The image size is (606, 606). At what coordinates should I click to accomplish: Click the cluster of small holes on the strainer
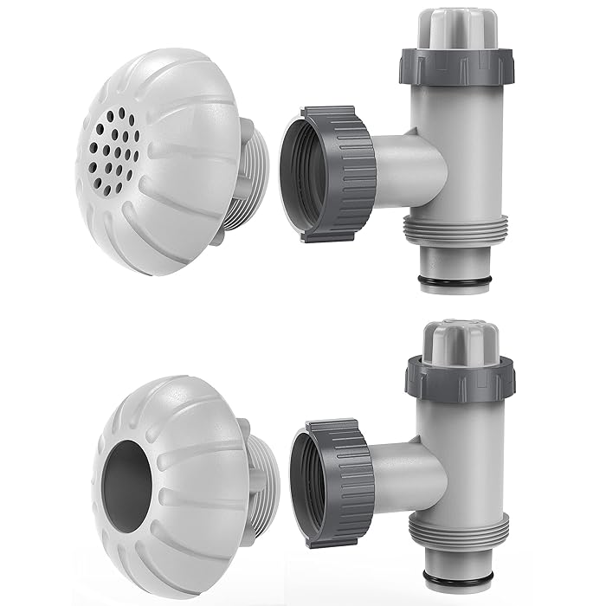pos(113,147)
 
